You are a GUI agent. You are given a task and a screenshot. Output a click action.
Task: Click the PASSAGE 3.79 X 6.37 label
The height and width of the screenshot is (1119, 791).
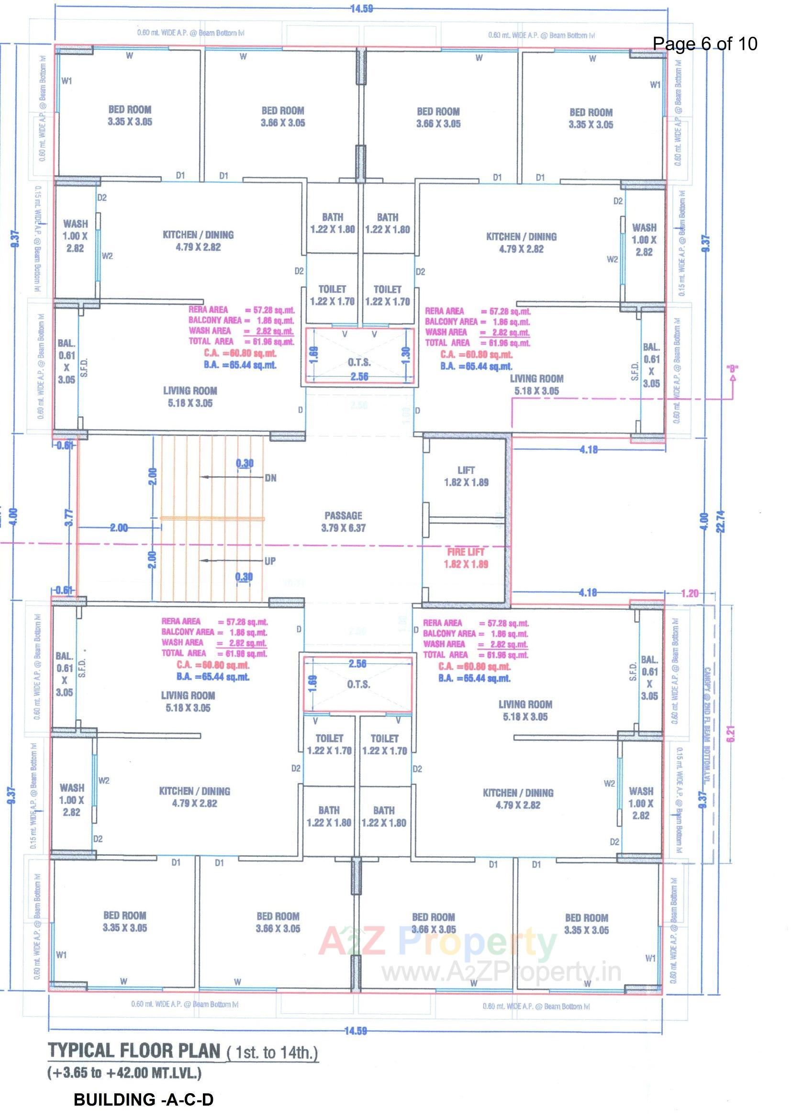[343, 522]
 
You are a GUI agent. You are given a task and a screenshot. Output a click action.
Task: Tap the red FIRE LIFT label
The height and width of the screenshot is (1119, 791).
[466, 552]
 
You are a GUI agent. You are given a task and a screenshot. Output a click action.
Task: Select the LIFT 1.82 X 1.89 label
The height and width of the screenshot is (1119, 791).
[466, 476]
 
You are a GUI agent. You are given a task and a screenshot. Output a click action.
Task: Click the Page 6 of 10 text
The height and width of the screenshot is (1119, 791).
[705, 44]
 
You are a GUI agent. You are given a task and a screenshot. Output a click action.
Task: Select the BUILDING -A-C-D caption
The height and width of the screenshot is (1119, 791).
[143, 1100]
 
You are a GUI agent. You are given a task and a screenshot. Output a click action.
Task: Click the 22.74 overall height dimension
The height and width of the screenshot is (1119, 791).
[721, 522]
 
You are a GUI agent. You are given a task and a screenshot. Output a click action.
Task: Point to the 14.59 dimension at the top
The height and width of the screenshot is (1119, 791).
[361, 8]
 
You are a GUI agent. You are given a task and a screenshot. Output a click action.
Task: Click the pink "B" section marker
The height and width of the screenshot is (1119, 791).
[732, 369]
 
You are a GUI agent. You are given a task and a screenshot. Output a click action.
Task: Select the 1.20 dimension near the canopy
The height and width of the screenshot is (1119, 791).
[689, 593]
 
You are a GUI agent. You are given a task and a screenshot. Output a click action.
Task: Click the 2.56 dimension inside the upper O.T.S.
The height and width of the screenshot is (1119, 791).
[359, 376]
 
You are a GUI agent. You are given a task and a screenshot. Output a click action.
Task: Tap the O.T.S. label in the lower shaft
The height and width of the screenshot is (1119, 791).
[358, 685]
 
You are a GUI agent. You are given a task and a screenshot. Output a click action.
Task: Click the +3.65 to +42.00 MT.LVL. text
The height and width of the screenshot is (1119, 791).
[124, 1073]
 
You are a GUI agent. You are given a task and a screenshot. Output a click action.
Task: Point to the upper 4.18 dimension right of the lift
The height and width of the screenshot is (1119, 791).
[588, 449]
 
